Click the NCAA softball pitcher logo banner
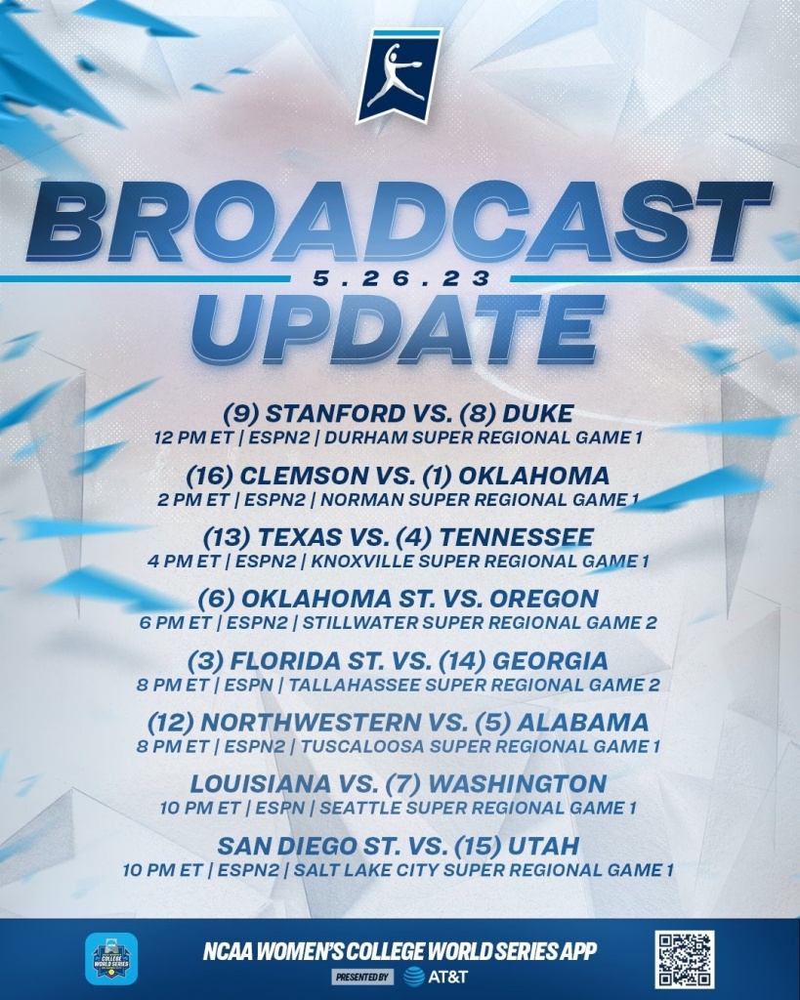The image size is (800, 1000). pos(399,75)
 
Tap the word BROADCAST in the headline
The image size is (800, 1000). pos(400,222)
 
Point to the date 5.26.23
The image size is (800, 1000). pos(401,278)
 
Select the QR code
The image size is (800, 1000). pos(684,959)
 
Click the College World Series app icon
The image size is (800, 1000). pos(111,959)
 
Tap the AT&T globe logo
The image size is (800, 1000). pos(414,977)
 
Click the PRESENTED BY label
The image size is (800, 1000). pos(362,977)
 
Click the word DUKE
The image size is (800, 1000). pos(538,413)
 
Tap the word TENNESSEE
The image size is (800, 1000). pos(516,537)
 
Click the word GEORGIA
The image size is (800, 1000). pos(550,661)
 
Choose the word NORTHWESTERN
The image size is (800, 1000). pos(310,723)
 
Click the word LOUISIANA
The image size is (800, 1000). pos(260,784)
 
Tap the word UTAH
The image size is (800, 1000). pos(543,847)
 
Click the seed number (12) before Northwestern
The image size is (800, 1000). pos(170,723)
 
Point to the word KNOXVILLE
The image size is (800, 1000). pos(361,562)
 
